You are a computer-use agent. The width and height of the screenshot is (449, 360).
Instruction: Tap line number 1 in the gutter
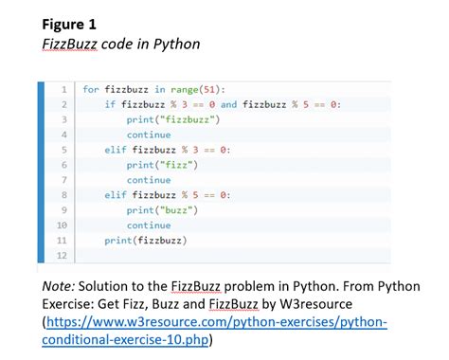(62, 89)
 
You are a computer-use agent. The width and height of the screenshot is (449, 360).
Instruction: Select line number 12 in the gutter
(62, 256)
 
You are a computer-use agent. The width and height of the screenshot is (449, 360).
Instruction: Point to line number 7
(62, 180)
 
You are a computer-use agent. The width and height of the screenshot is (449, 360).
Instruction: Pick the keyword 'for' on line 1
(90, 89)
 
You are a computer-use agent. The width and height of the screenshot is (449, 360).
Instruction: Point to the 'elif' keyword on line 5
(116, 150)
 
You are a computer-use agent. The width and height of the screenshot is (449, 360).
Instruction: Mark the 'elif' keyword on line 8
(116, 195)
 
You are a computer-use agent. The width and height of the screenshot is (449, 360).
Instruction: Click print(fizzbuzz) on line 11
(145, 241)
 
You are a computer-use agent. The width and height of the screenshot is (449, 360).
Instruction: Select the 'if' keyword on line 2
(110, 104)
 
